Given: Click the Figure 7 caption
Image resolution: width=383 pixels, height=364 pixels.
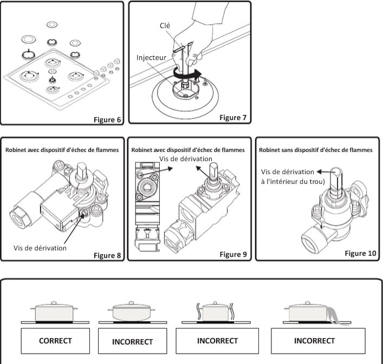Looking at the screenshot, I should [233, 117].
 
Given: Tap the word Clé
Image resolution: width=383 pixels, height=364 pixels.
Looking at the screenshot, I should [166, 25].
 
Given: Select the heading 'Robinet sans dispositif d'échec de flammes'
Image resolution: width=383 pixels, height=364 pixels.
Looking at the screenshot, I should [316, 150].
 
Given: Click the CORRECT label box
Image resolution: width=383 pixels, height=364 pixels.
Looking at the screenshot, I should [55, 341].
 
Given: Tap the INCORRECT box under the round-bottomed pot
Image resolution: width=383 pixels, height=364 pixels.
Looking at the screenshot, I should [132, 342].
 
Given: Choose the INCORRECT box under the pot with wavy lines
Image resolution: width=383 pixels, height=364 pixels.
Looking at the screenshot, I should [217, 341].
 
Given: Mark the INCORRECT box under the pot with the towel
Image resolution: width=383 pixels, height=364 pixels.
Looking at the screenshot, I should [314, 341].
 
